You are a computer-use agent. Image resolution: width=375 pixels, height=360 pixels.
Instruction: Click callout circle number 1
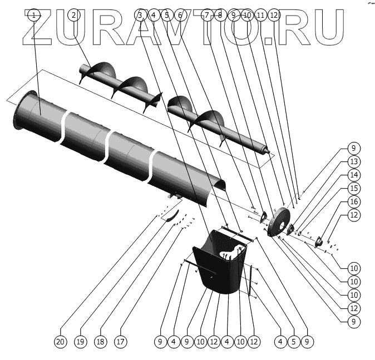click(34, 16)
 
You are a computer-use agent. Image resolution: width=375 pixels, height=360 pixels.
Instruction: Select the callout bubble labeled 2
click(73, 16)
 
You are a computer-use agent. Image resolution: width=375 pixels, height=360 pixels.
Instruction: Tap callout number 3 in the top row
click(140, 16)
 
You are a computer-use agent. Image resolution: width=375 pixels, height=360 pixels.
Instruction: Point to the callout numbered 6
click(180, 16)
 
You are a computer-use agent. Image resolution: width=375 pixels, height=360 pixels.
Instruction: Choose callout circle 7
click(208, 16)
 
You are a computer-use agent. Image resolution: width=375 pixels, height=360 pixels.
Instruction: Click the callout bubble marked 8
click(220, 16)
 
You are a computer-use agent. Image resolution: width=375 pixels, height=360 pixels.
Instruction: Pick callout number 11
click(260, 16)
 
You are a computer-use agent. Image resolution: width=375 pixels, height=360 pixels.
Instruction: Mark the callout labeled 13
click(352, 161)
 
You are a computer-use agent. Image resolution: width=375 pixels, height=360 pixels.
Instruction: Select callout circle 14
click(352, 175)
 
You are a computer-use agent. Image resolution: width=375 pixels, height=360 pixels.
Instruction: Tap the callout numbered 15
click(352, 188)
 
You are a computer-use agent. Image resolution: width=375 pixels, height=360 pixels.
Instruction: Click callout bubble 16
click(352, 201)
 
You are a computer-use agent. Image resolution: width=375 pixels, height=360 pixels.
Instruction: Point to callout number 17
click(121, 341)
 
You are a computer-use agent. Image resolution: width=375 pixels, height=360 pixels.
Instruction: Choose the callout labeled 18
click(100, 341)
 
